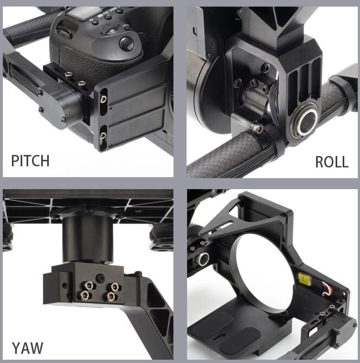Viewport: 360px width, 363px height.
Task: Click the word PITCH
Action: pyautogui.click(x=30, y=161)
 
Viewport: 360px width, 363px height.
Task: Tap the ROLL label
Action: pyautogui.click(x=332, y=162)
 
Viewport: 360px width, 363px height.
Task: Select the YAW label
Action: pyautogui.click(x=28, y=348)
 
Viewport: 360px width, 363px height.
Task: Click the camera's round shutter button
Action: pyautogui.click(x=127, y=44)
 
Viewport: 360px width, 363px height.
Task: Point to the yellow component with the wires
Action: pyautogui.click(x=305, y=278)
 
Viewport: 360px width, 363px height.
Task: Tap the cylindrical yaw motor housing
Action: pyautogui.click(x=88, y=239)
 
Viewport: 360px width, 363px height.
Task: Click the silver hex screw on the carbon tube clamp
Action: pyautogui.click(x=258, y=127)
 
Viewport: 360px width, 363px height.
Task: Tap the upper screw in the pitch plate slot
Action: pyautogui.click(x=104, y=99)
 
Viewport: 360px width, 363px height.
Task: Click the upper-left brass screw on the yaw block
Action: pyautogui.click(x=89, y=285)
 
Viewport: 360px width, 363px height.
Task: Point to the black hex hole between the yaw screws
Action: pyautogui.click(x=100, y=278)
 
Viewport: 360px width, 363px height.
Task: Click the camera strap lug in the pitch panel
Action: pyautogui.click(x=65, y=33)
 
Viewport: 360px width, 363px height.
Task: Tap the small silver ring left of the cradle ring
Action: pyautogui.click(x=203, y=259)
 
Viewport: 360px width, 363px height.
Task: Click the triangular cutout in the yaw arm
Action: pyautogui.click(x=160, y=319)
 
